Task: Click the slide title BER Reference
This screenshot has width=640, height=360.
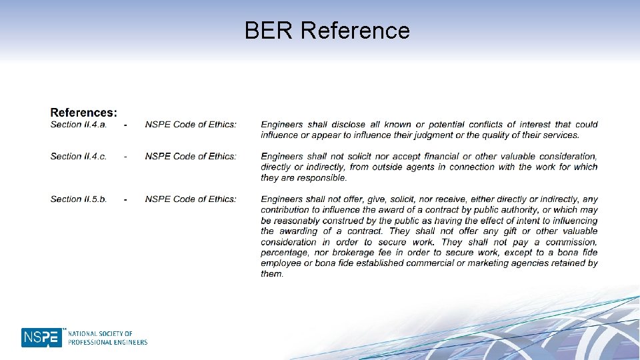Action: point(327,30)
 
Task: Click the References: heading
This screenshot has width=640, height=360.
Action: point(84,113)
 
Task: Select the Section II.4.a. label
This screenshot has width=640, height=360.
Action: point(79,124)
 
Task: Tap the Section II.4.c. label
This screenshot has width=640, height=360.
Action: point(79,156)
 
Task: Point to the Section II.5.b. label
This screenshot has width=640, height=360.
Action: point(79,199)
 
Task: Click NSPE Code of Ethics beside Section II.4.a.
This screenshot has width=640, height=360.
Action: point(191,124)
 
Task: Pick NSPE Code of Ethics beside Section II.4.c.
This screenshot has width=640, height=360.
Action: point(191,156)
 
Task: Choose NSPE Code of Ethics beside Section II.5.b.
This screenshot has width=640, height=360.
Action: point(191,199)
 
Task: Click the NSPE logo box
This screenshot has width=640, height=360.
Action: point(41,337)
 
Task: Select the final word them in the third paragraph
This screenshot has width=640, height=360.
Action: point(271,273)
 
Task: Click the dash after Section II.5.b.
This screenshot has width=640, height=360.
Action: point(125,199)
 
